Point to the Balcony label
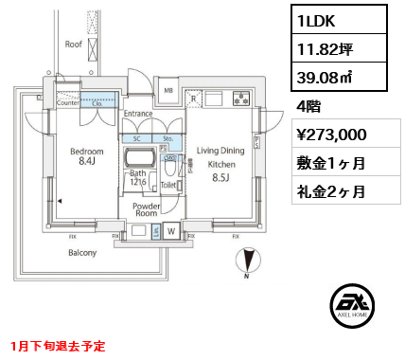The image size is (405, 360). [82, 253]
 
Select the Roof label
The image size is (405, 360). [73, 44]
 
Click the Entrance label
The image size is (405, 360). [138, 113]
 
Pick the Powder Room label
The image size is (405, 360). [146, 208]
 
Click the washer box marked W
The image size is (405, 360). [172, 229]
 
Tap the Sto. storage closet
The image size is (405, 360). [167, 137]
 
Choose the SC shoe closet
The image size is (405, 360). [138, 137]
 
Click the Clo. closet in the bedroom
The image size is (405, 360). [97, 103]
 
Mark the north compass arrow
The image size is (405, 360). [249, 259]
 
